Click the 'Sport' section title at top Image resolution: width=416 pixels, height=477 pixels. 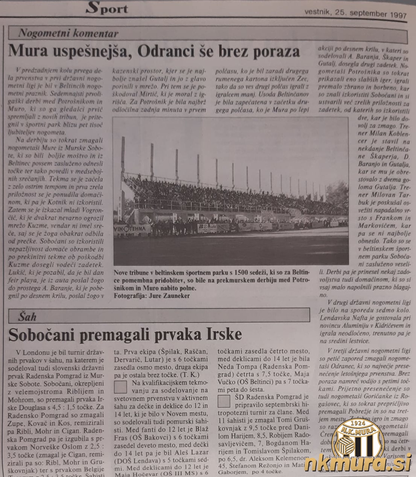(107, 8)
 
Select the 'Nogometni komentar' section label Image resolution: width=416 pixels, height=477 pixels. (68, 34)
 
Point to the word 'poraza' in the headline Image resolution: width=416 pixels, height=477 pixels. (277, 51)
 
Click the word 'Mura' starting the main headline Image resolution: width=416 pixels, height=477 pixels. (26, 50)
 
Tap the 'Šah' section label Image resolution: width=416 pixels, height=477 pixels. (27, 316)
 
